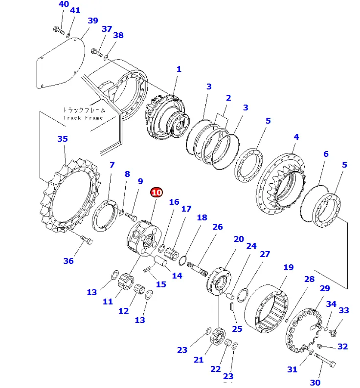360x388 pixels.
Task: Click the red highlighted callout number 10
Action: tap(157, 193)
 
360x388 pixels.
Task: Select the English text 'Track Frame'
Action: tap(83, 118)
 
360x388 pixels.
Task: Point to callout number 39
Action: tap(92, 21)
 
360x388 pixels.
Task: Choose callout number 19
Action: tap(289, 267)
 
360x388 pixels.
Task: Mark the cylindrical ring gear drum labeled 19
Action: tap(267, 306)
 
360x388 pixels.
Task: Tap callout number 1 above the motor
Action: tap(179, 69)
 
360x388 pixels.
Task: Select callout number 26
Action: tap(218, 227)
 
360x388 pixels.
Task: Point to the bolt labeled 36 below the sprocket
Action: tap(87, 240)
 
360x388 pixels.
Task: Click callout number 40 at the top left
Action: tap(64, 4)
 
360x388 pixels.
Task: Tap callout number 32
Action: tap(343, 346)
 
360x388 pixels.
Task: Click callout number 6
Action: tap(325, 154)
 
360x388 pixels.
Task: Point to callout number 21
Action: tap(198, 360)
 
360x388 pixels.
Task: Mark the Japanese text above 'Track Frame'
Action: tap(83, 110)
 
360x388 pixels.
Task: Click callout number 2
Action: tap(228, 98)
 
